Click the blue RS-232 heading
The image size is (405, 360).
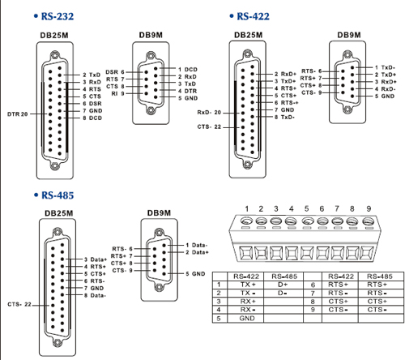tap(58, 16)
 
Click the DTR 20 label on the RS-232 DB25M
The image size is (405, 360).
tap(18, 114)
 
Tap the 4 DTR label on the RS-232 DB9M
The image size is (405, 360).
tap(188, 91)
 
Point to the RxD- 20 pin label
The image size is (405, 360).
tap(209, 113)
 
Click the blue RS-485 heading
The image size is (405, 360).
tap(58, 195)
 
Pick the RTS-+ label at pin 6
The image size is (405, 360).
tap(287, 103)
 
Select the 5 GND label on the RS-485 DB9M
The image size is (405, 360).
tap(195, 274)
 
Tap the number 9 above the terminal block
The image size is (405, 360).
tap(369, 208)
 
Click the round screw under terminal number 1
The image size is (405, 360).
tap(246, 221)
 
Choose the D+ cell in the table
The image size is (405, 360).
tap(283, 285)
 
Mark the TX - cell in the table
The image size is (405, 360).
tap(248, 293)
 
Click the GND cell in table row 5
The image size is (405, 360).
tap(247, 319)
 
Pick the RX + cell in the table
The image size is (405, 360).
tap(248, 302)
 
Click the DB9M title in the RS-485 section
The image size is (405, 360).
tap(159, 213)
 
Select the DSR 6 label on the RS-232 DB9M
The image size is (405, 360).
tap(115, 72)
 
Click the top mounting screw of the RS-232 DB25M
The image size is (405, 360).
tap(55, 55)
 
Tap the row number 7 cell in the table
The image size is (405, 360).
tap(313, 293)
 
